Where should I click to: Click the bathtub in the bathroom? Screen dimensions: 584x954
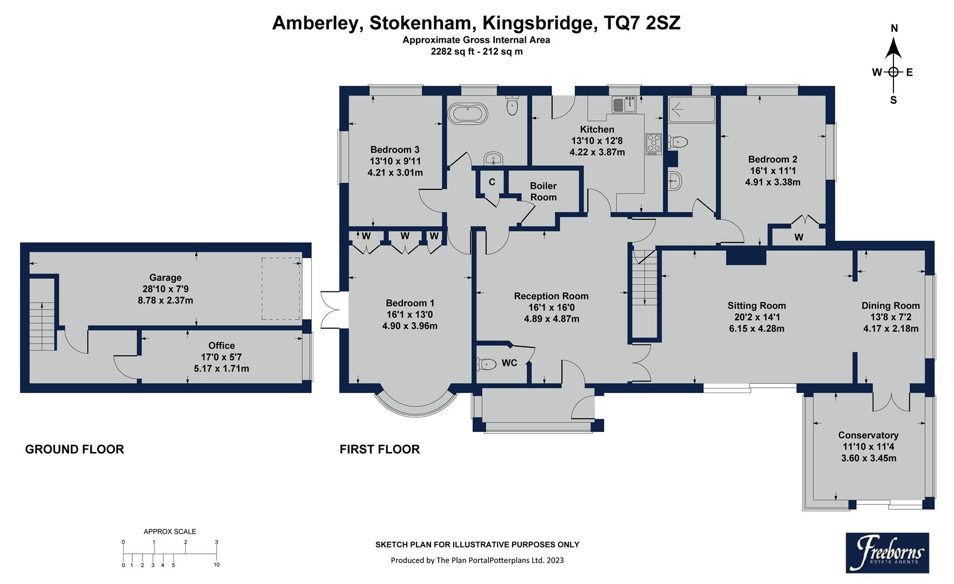click(x=469, y=114)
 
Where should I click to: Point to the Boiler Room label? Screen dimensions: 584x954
click(x=543, y=191)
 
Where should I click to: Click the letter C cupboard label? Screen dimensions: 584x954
click(x=492, y=182)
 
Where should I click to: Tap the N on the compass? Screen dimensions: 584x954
click(x=894, y=29)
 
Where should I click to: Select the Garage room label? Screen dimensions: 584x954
click(x=165, y=277)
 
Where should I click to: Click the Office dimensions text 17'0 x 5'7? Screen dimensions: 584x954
click(x=221, y=357)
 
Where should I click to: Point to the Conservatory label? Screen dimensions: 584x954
click(x=868, y=435)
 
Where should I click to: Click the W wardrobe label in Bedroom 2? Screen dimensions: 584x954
click(x=798, y=237)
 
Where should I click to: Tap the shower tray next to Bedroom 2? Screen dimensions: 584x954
click(x=691, y=110)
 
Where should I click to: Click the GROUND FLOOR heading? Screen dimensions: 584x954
click(x=75, y=449)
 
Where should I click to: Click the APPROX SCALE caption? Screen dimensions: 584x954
click(x=170, y=532)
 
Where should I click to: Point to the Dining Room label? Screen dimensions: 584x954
click(x=890, y=306)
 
